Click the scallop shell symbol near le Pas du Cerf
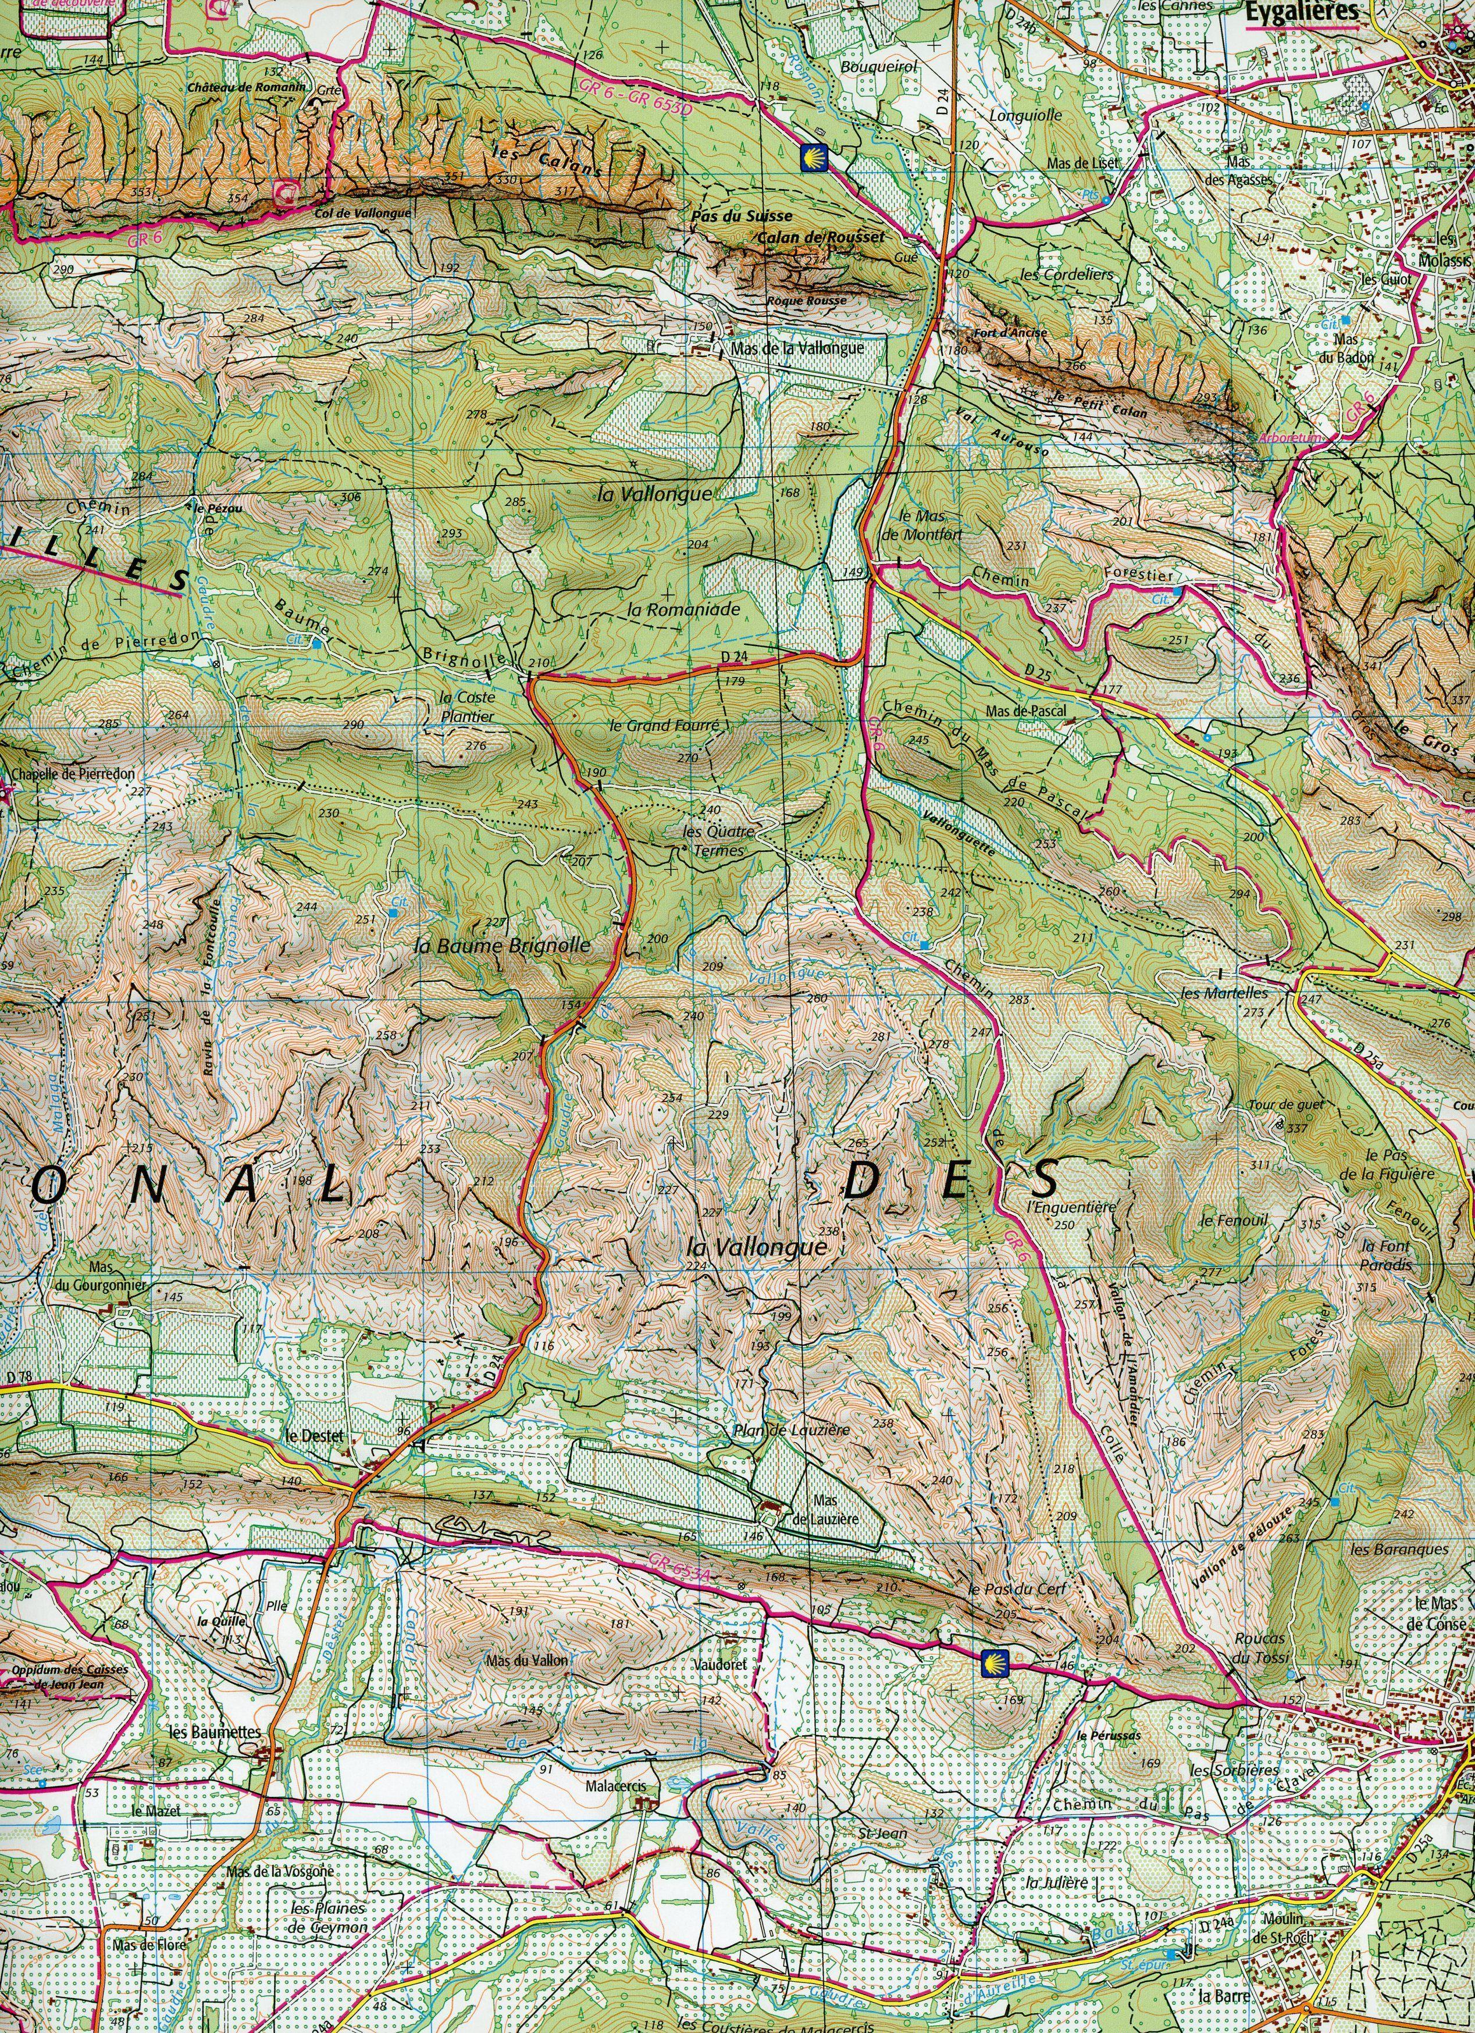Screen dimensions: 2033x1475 (993, 1661)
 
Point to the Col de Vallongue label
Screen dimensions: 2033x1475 (363, 213)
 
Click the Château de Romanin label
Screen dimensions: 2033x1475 (247, 88)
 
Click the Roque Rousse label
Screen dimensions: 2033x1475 (807, 301)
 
